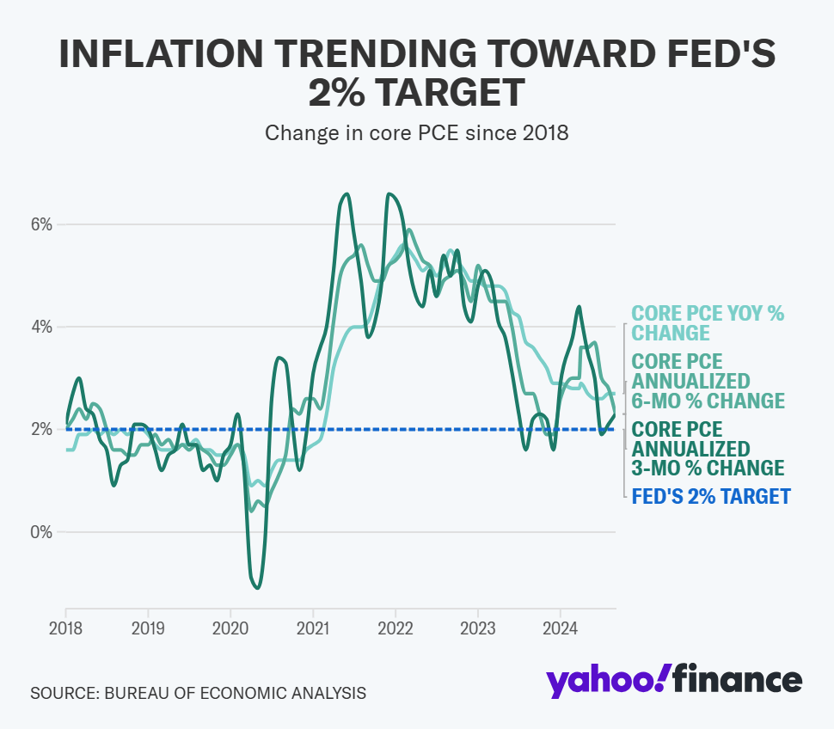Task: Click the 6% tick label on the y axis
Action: coord(41,224)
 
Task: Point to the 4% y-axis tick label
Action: coord(41,327)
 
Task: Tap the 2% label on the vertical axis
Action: coord(41,429)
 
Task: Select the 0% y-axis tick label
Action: coord(41,531)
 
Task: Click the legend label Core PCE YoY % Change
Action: coord(708,323)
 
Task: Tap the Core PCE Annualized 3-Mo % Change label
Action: coord(708,448)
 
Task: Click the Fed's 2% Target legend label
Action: coord(710,496)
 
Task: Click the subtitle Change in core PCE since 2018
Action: coord(417,133)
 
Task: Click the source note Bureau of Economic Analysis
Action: coord(198,693)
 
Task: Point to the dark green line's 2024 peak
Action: coord(579,306)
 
